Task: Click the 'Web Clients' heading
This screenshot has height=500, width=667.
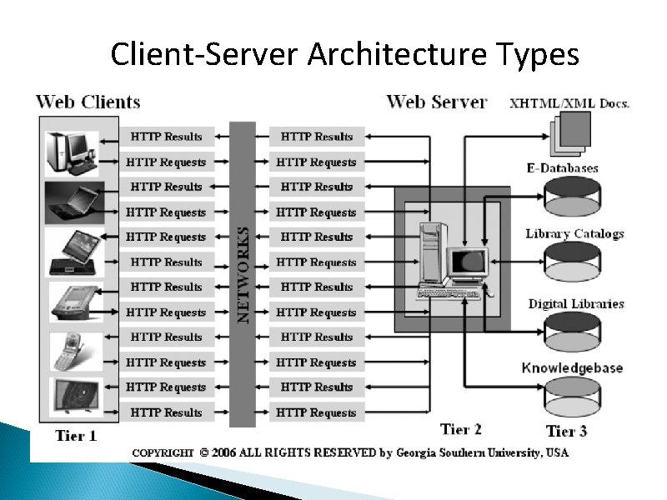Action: pos(88,102)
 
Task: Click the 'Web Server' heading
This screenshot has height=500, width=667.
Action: pos(436,102)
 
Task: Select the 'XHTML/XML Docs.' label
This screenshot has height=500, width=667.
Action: pos(569,103)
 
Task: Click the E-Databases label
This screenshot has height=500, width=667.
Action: pos(562,168)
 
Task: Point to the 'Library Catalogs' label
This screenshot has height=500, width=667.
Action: pos(574,233)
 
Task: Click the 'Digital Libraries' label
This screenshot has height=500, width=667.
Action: pos(575,303)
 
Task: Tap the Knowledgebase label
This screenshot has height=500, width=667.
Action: pos(572,367)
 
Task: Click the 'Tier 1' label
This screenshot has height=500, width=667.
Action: pos(76,435)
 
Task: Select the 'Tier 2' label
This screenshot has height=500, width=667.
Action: pos(461,429)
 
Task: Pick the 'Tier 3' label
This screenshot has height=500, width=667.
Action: pos(571,431)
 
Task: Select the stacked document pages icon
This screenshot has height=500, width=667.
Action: pos(569,133)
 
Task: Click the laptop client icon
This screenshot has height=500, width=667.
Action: pos(73,201)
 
